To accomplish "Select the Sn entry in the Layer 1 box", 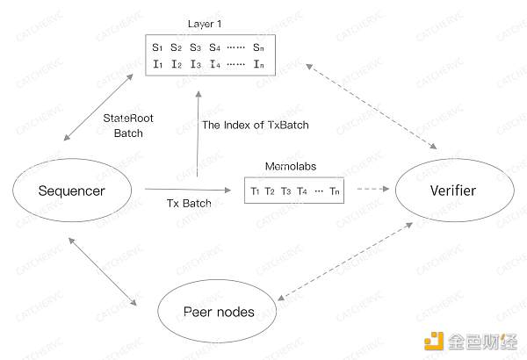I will coord(258,46).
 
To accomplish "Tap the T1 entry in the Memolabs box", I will coord(256,191).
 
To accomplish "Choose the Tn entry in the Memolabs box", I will coord(334,191).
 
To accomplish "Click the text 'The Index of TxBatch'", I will coord(256,125).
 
